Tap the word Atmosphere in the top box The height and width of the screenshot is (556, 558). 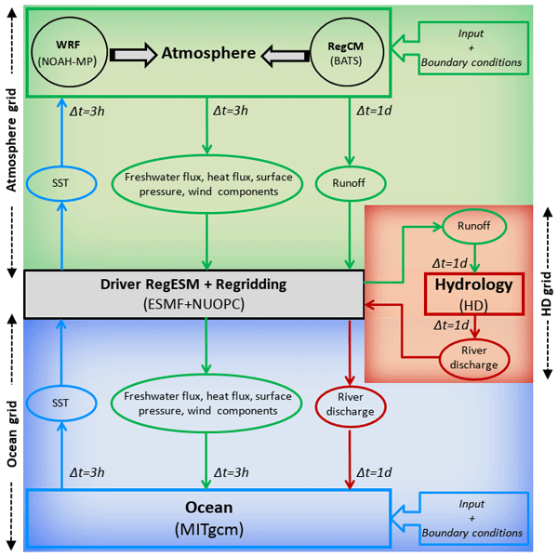208,54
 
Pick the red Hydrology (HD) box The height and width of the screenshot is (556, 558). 473,293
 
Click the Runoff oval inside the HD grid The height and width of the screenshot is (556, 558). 473,225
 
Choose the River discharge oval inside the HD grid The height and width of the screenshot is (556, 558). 474,359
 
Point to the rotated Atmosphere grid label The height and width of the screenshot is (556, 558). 12,142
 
